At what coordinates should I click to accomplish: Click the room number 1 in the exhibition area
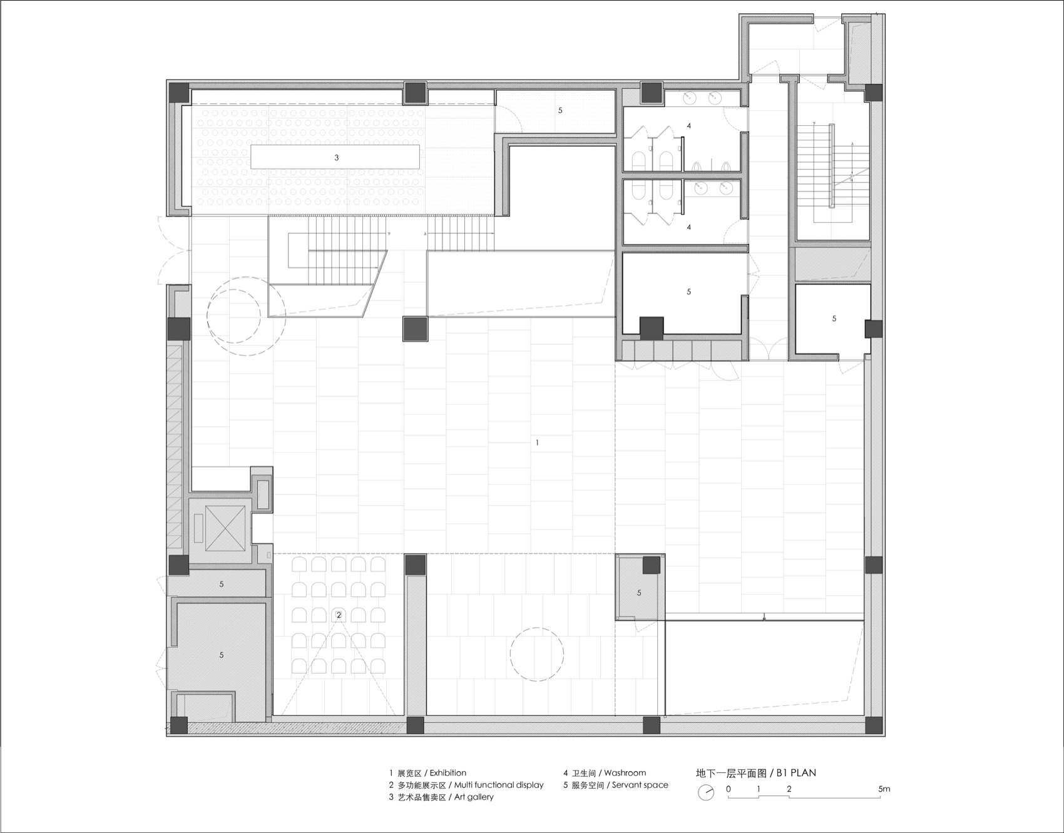click(537, 443)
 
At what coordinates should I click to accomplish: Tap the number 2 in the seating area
click(339, 615)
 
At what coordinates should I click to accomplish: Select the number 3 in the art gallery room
click(336, 158)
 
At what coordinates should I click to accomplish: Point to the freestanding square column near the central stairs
click(414, 329)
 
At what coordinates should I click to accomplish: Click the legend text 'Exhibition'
click(448, 773)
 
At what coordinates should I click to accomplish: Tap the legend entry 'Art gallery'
click(474, 797)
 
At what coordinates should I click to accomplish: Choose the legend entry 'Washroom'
click(625, 773)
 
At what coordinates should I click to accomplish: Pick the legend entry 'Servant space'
click(640, 785)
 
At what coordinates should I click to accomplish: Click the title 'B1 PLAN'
click(796, 773)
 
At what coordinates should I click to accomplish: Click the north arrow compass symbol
click(706, 792)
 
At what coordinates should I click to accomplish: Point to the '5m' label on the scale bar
click(883, 789)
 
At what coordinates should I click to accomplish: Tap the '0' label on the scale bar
click(729, 789)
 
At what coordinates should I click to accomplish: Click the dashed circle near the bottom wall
click(536, 655)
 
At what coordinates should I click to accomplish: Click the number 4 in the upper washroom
click(689, 126)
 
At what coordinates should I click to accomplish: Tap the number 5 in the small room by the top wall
click(560, 110)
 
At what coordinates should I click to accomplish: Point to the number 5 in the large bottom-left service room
click(222, 655)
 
